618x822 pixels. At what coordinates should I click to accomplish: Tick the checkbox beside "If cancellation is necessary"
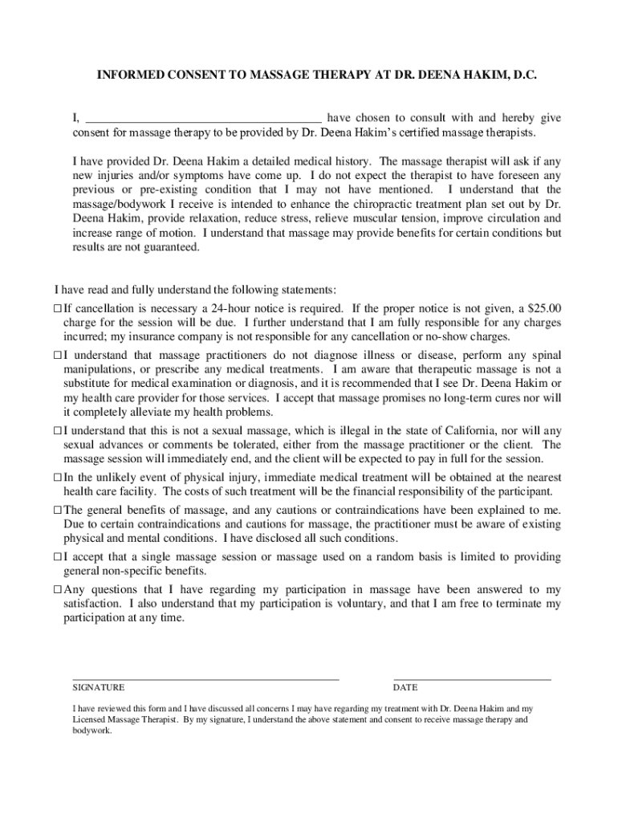coord(58,308)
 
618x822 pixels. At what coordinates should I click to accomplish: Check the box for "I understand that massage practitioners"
coord(58,355)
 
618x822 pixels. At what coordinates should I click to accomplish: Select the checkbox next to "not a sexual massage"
coord(58,430)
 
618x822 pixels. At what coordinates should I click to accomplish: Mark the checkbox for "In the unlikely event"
coord(58,477)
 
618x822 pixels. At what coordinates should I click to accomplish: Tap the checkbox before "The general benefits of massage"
coord(58,510)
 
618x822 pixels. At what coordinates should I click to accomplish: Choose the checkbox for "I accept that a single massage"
coord(58,556)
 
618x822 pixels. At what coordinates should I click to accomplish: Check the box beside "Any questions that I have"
coord(58,589)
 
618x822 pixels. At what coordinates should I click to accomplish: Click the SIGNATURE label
coord(99,688)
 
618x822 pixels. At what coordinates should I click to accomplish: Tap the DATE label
coord(405,688)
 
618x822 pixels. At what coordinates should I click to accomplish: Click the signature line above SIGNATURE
coord(205,679)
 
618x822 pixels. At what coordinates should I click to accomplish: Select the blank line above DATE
coord(472,679)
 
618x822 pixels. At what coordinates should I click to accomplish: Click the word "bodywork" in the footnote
coord(90,732)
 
